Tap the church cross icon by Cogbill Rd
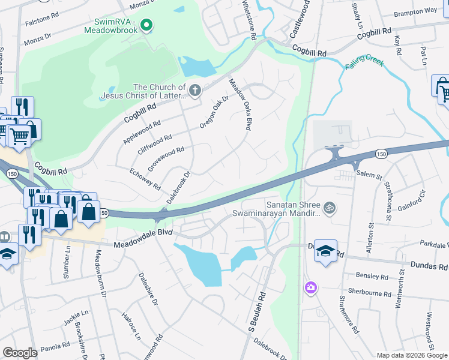(x=194, y=91)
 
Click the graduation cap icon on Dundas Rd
(x=325, y=250)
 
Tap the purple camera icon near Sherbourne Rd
(x=310, y=288)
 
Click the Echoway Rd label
(x=145, y=179)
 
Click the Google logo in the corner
(x=20, y=352)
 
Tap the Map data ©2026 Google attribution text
(x=411, y=355)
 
